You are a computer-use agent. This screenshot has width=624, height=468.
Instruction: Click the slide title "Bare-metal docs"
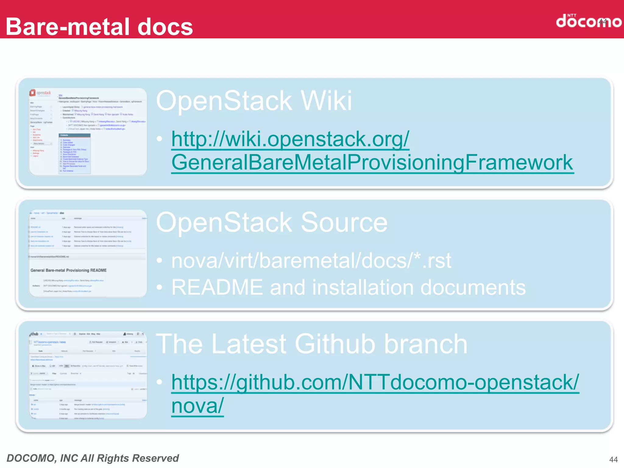tap(99, 27)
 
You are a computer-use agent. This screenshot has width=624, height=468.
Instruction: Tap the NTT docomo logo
tap(588, 21)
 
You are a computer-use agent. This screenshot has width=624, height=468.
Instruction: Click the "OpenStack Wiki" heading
tap(253, 101)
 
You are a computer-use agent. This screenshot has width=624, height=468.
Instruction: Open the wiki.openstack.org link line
tap(290, 139)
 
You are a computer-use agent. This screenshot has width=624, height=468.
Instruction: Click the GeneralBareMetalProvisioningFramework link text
tap(372, 162)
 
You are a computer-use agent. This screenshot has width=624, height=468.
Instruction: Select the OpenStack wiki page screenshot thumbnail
tap(88, 132)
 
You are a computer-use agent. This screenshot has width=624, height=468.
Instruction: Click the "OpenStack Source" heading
tap(271, 223)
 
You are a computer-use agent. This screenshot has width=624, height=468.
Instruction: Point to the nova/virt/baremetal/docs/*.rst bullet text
tap(311, 261)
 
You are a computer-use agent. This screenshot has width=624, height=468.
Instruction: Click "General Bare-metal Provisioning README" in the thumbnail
tap(69, 270)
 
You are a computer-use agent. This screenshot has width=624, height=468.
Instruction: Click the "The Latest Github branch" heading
tap(311, 344)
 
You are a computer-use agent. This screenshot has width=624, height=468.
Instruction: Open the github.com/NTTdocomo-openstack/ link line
tap(375, 382)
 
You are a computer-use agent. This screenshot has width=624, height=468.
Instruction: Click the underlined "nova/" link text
tap(197, 406)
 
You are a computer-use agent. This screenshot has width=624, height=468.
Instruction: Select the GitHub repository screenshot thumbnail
tap(88, 375)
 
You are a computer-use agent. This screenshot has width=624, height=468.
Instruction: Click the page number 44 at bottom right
tap(613, 459)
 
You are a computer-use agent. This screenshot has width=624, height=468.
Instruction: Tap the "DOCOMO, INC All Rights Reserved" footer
tap(93, 458)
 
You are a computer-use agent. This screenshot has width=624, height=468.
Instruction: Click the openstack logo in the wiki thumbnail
tap(40, 93)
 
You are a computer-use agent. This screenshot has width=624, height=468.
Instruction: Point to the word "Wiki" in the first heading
tap(326, 101)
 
